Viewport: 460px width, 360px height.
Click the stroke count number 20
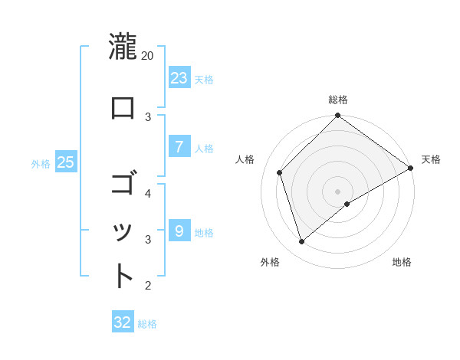[x=148, y=56]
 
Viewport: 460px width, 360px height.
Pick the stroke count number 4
[x=148, y=193]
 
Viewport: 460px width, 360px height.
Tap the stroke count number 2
[x=148, y=286]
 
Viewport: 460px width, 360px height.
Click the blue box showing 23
[x=179, y=77]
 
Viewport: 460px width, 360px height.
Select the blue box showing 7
[x=179, y=147]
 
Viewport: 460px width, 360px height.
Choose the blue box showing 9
[x=179, y=231]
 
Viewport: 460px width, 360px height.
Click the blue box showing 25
[x=65, y=162]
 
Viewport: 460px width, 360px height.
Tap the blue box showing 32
[x=123, y=322]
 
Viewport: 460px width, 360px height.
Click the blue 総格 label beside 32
[x=147, y=324]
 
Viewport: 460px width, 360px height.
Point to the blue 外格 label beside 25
[x=41, y=163]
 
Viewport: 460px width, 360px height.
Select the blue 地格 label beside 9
[x=204, y=232]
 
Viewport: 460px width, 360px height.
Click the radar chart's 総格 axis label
[x=338, y=100]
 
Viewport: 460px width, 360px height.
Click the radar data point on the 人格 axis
[x=280, y=172]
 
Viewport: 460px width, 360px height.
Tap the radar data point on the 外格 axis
[x=302, y=242]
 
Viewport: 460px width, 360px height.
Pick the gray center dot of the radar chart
[x=338, y=191]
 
